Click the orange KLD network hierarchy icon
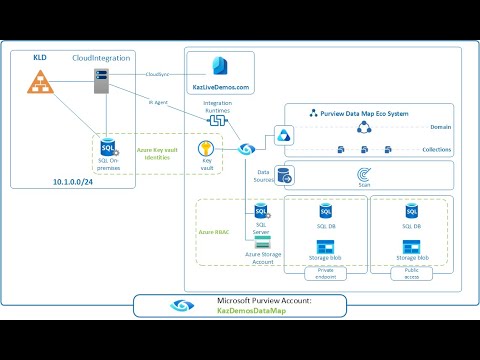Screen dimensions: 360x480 (41, 84)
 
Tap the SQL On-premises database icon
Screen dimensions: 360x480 (108, 151)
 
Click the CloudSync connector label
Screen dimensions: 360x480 (158, 74)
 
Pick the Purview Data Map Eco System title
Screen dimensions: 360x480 (356, 114)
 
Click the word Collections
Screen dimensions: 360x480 (433, 150)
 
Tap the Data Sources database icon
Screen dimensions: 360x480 (284, 177)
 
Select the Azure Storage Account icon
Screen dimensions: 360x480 (262, 242)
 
